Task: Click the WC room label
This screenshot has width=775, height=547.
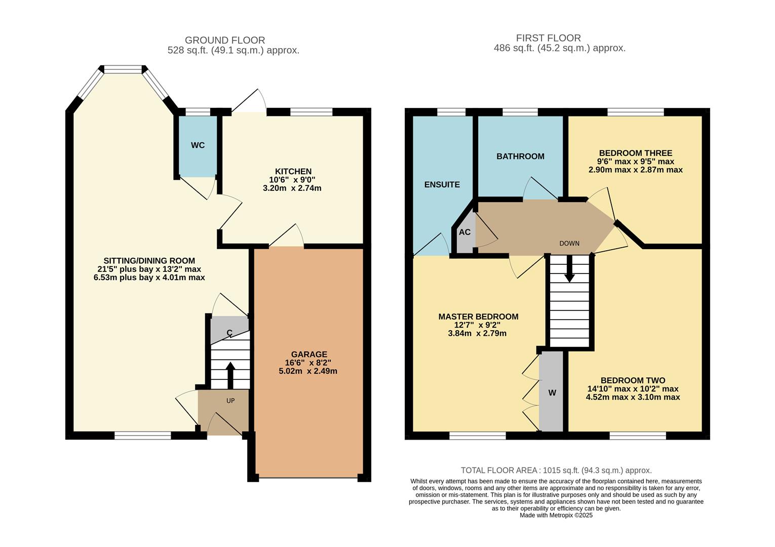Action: (x=198, y=145)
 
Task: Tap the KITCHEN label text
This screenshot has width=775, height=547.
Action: (x=293, y=171)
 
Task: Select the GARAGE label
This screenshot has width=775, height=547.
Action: (x=309, y=354)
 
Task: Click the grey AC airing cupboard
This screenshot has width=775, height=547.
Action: (x=464, y=232)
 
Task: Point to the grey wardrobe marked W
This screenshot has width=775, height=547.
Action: (x=552, y=393)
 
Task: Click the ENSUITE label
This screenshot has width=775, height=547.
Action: (x=442, y=184)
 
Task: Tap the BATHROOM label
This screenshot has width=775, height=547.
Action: (x=520, y=156)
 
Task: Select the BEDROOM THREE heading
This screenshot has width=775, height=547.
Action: (x=635, y=153)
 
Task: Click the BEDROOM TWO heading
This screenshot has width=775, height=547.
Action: (x=633, y=380)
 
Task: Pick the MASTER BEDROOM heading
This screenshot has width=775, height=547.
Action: (x=478, y=317)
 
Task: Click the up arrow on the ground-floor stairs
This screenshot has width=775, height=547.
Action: (x=230, y=375)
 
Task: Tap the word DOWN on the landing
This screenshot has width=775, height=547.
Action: (x=569, y=243)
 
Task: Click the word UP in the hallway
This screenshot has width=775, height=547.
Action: (x=230, y=401)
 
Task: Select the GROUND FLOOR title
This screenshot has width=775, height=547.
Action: (x=225, y=40)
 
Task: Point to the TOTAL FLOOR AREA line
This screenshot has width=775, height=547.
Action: (x=556, y=470)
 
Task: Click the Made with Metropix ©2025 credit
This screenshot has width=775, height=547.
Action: (x=556, y=515)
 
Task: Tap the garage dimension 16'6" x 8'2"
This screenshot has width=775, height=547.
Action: (x=308, y=363)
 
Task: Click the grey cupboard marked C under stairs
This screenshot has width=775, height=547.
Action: (x=229, y=331)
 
